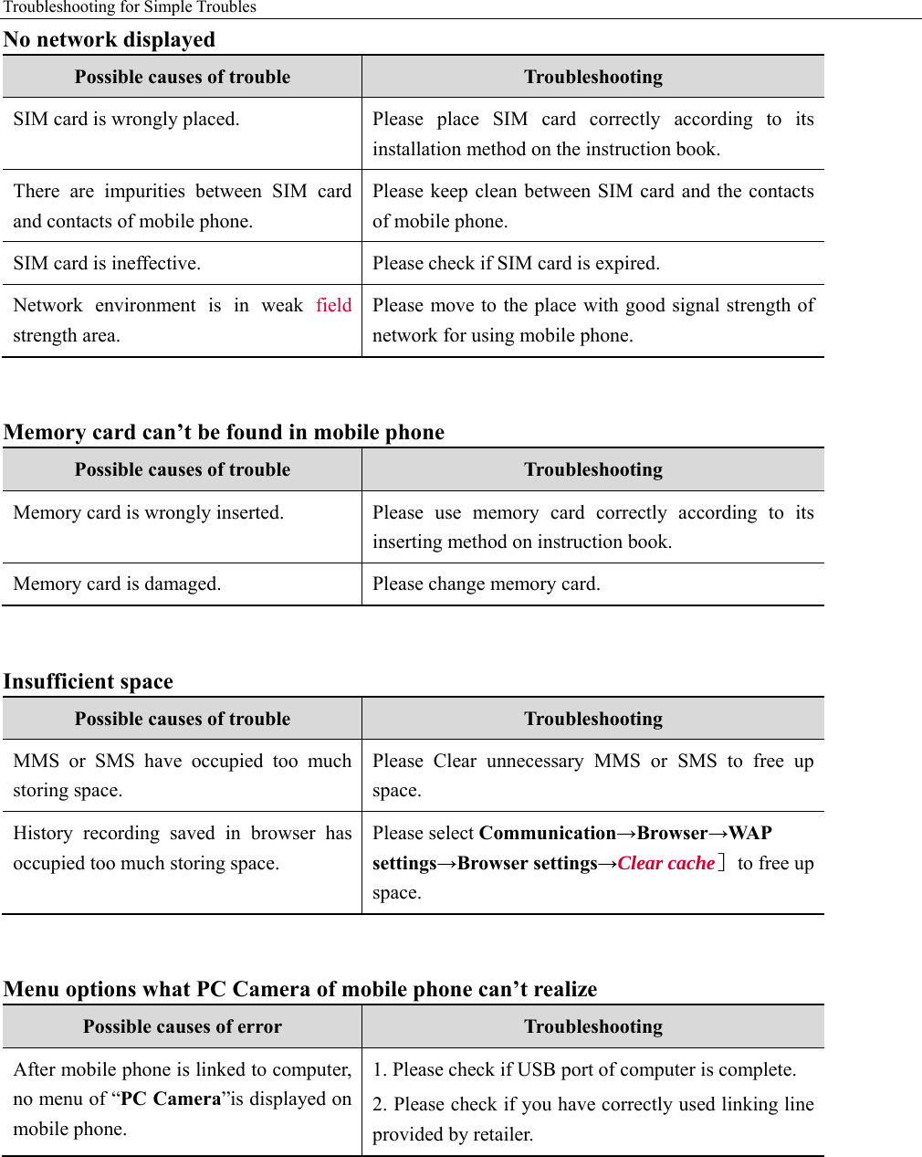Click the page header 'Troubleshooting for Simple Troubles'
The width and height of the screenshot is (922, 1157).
(x=130, y=7)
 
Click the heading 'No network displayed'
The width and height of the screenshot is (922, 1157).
(x=110, y=39)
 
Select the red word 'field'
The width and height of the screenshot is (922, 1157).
(x=333, y=305)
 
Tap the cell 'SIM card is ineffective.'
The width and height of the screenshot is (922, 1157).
(x=107, y=263)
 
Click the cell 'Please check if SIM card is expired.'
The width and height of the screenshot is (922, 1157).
(x=516, y=263)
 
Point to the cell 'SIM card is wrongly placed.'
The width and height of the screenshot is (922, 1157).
(x=126, y=119)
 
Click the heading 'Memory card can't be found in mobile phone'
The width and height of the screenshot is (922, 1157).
(x=224, y=432)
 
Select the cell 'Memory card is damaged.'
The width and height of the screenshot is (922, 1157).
(x=117, y=584)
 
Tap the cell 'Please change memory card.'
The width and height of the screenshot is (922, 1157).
(x=486, y=584)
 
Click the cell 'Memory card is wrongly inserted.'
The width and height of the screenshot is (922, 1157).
(x=148, y=512)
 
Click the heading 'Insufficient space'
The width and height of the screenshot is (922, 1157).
(x=89, y=681)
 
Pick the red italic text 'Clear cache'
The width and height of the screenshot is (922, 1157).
(x=665, y=863)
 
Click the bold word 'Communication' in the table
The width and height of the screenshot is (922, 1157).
(x=547, y=833)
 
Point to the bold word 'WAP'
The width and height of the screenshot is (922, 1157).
(x=750, y=833)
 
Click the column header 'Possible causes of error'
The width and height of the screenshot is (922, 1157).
(x=183, y=1026)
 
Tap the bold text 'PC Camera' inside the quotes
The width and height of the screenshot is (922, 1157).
(x=172, y=1099)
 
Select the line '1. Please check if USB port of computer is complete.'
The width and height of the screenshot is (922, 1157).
(x=584, y=1069)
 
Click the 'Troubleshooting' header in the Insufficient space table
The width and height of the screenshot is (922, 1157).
(x=593, y=719)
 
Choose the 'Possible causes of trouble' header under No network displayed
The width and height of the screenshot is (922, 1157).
(x=183, y=77)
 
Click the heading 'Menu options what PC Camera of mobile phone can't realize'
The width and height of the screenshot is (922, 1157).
(x=300, y=989)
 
